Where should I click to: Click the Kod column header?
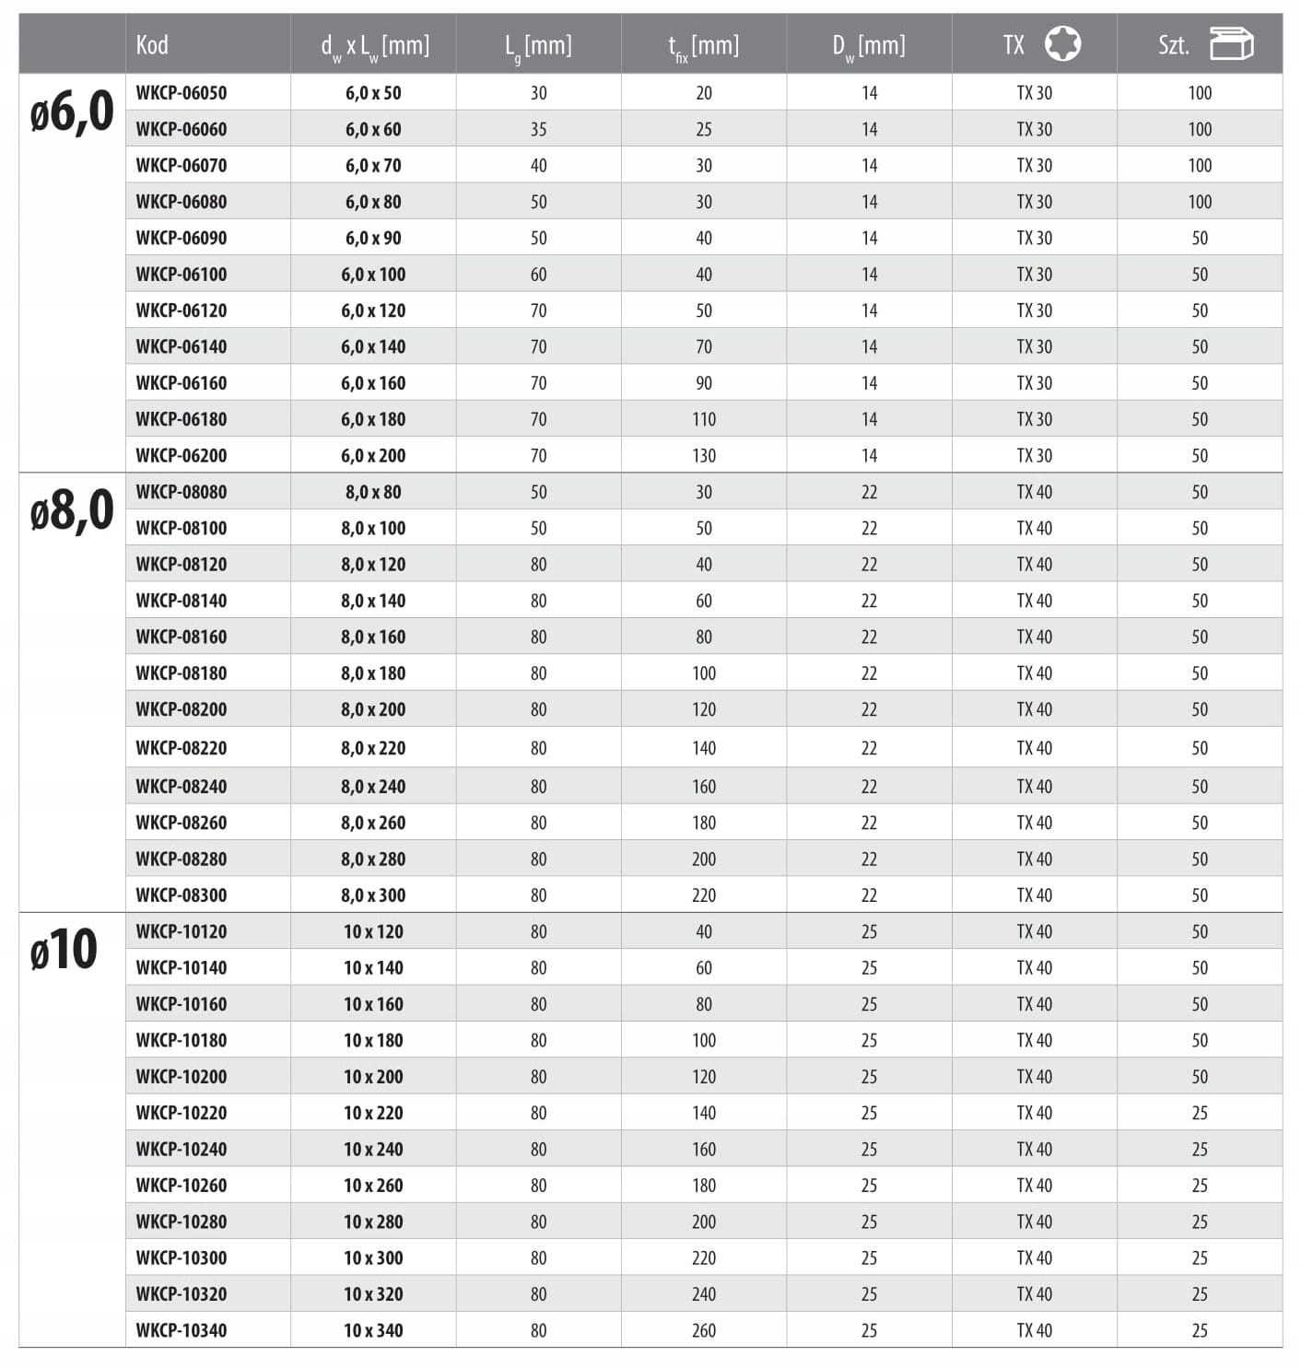pos(152,44)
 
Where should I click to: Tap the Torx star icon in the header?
pos(1062,43)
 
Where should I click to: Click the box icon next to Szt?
pos(1231,43)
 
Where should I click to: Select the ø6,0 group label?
pos(72,112)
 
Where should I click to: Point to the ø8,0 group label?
pos(72,511)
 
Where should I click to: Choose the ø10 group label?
pos(64,950)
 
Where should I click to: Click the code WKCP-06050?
pos(181,93)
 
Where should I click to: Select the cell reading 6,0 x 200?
pos(373,455)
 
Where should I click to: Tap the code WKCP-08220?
pos(181,748)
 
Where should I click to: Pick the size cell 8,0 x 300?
pos(373,895)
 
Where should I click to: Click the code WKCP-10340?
pos(181,1330)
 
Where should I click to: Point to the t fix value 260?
pos(704,1330)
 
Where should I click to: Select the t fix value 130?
pos(704,455)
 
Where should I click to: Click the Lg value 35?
pos(538,129)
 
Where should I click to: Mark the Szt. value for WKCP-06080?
pos(1200,202)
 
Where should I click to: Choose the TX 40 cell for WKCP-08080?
pos(1034,492)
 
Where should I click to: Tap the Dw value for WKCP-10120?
pos(869,931)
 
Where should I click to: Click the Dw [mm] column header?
pos(869,45)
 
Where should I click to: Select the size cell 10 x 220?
pos(373,1113)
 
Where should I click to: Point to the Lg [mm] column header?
pos(538,45)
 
